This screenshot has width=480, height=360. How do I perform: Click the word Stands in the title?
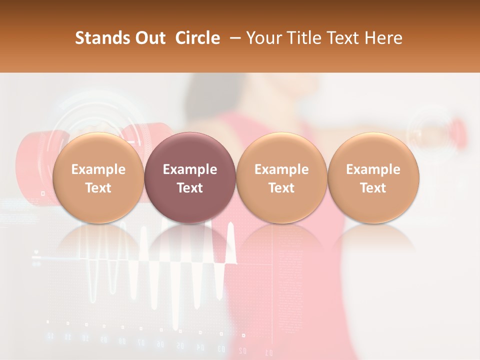pyautogui.click(x=101, y=38)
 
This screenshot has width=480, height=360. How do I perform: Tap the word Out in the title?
pyautogui.click(x=149, y=38)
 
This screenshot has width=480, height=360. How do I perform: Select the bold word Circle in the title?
pyautogui.click(x=197, y=38)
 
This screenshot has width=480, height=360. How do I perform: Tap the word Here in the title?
pyautogui.click(x=383, y=38)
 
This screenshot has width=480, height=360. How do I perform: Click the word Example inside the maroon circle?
pyautogui.click(x=190, y=169)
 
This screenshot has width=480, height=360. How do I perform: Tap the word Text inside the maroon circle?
pyautogui.click(x=190, y=188)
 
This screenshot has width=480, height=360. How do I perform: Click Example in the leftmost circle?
pyautogui.click(x=98, y=169)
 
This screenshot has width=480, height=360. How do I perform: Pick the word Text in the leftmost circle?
pyautogui.click(x=98, y=188)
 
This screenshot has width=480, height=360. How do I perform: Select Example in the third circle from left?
pyautogui.click(x=281, y=169)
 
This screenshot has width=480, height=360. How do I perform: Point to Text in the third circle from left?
pyautogui.click(x=281, y=188)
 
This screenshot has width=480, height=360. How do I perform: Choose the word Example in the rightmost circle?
pyautogui.click(x=373, y=169)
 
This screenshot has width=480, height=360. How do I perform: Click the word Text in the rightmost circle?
pyautogui.click(x=373, y=188)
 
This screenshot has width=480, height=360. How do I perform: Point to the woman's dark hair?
pyautogui.click(x=205, y=95)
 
